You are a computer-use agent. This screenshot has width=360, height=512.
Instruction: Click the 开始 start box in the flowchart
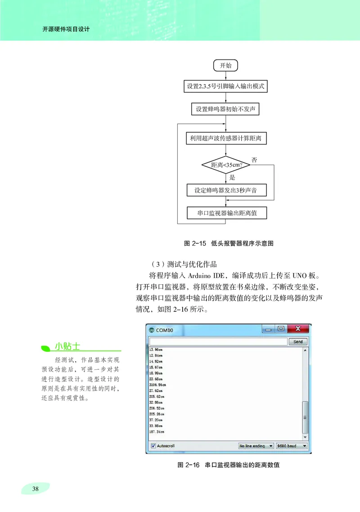pyautogui.click(x=225, y=66)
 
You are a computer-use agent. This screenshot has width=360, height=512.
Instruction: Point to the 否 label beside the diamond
pyautogui.click(x=254, y=160)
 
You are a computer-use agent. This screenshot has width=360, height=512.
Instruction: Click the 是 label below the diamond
pyautogui.click(x=233, y=177)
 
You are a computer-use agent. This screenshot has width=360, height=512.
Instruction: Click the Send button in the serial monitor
pyautogui.click(x=298, y=342)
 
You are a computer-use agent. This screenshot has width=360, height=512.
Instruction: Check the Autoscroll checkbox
pyautogui.click(x=153, y=446)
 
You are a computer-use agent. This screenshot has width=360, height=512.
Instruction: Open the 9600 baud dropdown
pyautogui.click(x=292, y=446)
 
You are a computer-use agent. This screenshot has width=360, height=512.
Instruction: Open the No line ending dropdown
pyautogui.click(x=256, y=446)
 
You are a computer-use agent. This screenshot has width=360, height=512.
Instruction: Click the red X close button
pyautogui.click(x=297, y=329)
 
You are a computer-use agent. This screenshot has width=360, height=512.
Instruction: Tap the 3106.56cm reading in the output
pyautogui.click(x=157, y=385)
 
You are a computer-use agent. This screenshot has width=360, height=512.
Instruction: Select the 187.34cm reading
pyautogui.click(x=156, y=431)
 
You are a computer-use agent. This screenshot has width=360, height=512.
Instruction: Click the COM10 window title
pyautogui.click(x=164, y=330)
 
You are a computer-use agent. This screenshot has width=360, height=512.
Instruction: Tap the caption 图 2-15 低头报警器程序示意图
pyautogui.click(x=229, y=243)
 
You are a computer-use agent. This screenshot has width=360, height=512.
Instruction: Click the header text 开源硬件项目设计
pyautogui.click(x=66, y=30)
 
